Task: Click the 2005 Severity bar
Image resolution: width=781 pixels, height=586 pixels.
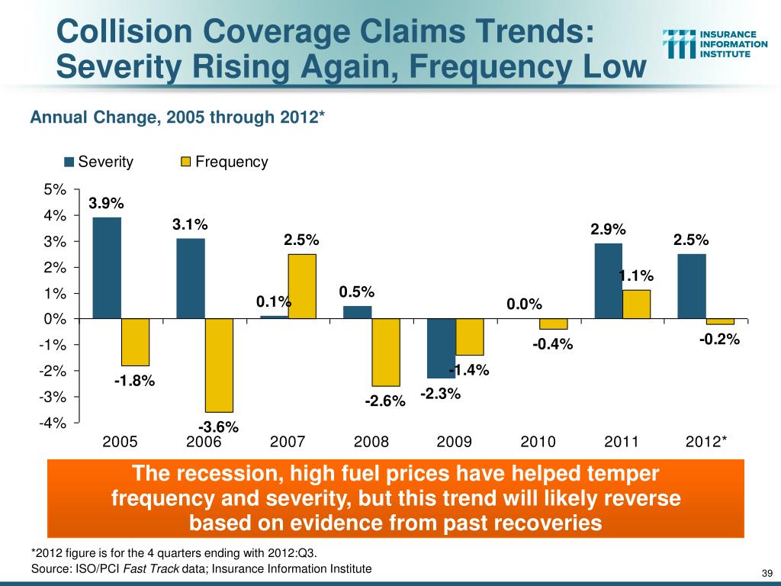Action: click(x=106, y=268)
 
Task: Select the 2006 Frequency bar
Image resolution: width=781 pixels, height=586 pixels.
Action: click(x=219, y=365)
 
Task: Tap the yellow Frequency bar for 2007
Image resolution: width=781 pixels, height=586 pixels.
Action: click(x=302, y=286)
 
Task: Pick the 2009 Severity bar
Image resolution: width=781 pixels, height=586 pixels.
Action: click(x=441, y=348)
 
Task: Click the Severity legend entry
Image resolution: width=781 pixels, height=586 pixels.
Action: click(x=98, y=162)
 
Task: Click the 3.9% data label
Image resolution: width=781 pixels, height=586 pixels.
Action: click(x=106, y=204)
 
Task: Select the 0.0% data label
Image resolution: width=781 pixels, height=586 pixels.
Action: click(x=524, y=304)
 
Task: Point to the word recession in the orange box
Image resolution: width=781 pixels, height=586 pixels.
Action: click(x=229, y=474)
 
